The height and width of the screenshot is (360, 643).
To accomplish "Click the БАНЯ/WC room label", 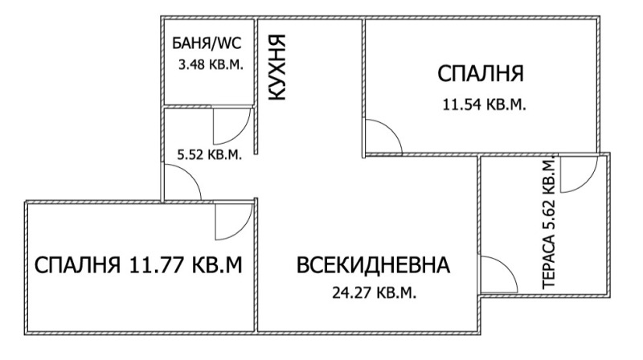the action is click(x=207, y=43).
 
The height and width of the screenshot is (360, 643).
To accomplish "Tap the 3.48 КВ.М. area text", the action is click(x=211, y=65).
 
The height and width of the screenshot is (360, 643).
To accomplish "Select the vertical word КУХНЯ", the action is click(x=276, y=67).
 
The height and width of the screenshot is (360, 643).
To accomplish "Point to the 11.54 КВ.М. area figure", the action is click(x=484, y=105).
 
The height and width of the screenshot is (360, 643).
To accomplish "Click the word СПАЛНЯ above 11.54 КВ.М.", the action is click(x=481, y=74).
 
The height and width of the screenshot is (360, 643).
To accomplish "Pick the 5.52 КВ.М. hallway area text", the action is click(x=209, y=154).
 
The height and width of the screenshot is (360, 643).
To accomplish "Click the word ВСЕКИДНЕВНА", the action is click(x=373, y=265).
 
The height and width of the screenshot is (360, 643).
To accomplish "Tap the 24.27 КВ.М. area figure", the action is click(x=374, y=292).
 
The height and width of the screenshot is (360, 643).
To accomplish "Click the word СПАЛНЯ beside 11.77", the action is click(x=77, y=265).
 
